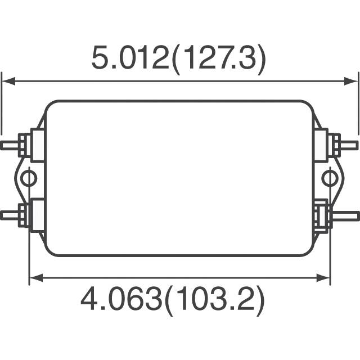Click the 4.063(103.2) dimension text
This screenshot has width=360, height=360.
(x=172, y=301)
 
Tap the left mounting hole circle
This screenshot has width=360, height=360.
(x=28, y=179)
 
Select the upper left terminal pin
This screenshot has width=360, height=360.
(x=10, y=145)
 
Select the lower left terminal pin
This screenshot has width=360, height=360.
(x=10, y=214)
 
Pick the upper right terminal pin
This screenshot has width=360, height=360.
(x=349, y=145)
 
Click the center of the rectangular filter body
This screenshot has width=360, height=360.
(x=179, y=178)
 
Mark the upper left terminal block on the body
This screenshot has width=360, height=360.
(x=38, y=145)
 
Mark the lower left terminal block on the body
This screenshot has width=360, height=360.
(x=38, y=215)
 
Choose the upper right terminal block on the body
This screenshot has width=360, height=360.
(x=321, y=145)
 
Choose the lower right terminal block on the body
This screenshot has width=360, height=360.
(x=321, y=215)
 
